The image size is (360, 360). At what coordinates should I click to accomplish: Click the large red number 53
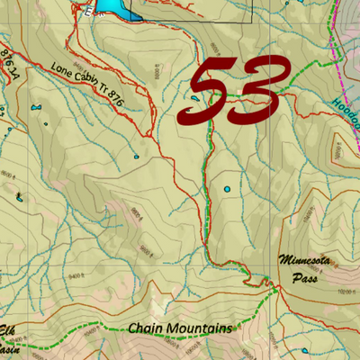238,90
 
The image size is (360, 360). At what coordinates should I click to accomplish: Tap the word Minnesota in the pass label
306,262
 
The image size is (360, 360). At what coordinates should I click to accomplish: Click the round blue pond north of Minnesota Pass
226,189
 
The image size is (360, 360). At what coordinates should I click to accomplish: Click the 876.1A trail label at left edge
11,67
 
